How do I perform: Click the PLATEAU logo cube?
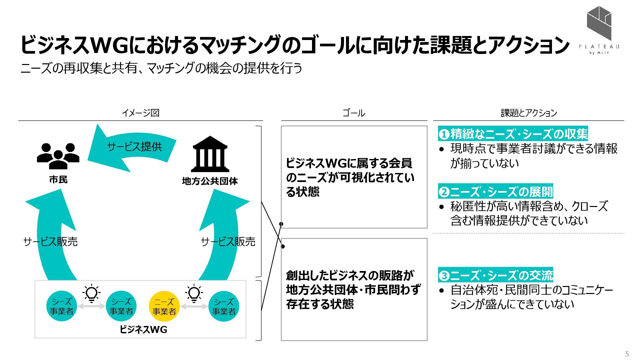tap(599, 23)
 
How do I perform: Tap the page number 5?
tap(627, 354)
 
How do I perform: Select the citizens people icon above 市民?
tap(58, 156)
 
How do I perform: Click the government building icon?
tap(210, 154)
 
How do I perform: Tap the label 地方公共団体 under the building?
tap(210, 181)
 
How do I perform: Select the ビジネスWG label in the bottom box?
tap(143, 330)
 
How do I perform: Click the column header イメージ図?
tap(140, 113)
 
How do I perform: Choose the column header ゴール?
tap(354, 113)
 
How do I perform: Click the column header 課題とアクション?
tap(529, 113)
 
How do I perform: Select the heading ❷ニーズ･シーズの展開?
tap(495, 192)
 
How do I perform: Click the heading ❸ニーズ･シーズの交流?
tap(495, 276)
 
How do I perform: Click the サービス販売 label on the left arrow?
tap(51, 242)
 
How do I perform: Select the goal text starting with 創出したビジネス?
tap(353, 289)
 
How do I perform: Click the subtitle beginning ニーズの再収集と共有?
tap(161, 68)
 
